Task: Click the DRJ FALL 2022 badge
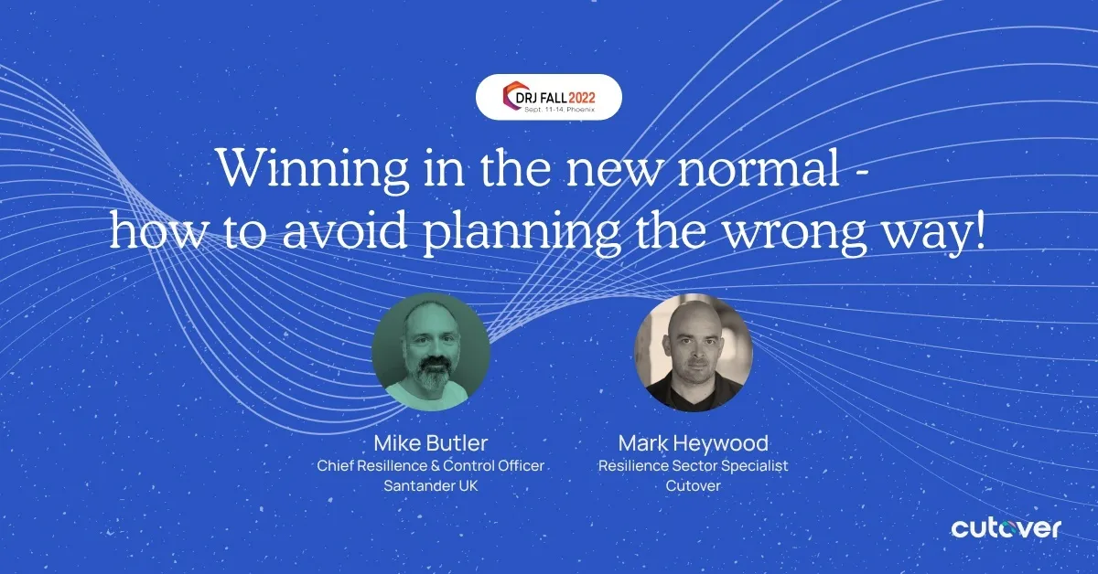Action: point(549,97)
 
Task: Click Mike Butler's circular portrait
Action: point(431,352)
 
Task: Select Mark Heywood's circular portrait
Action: point(693,352)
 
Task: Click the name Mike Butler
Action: point(431,444)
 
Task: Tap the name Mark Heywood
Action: point(693,444)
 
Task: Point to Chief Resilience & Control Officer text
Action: point(431,466)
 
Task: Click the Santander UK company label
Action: point(431,486)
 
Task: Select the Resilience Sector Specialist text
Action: point(693,466)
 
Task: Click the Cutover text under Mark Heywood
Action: point(693,486)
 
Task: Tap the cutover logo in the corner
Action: point(1006,528)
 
